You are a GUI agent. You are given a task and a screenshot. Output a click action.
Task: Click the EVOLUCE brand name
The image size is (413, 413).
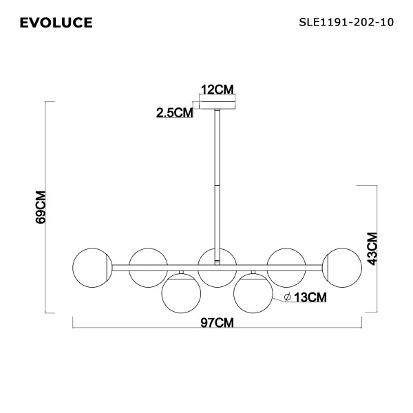click(56, 24)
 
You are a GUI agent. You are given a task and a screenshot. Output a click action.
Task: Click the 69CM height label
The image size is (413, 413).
click(41, 206)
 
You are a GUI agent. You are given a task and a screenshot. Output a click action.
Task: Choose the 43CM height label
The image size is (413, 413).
click(372, 248)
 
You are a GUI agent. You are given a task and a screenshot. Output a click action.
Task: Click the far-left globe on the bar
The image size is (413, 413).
click(92, 266)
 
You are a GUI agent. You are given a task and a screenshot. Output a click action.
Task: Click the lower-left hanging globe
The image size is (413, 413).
click(181, 292)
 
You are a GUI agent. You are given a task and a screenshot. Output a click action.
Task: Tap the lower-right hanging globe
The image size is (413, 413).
click(253, 292)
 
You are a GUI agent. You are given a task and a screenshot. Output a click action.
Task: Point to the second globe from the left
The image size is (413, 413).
click(147, 266)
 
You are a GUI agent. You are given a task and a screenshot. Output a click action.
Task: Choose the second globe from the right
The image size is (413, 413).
click(287, 266)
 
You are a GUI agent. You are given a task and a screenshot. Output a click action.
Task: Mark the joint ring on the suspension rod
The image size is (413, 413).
click(218, 184)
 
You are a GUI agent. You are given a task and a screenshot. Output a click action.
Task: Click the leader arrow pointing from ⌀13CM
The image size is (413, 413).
click(277, 297)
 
